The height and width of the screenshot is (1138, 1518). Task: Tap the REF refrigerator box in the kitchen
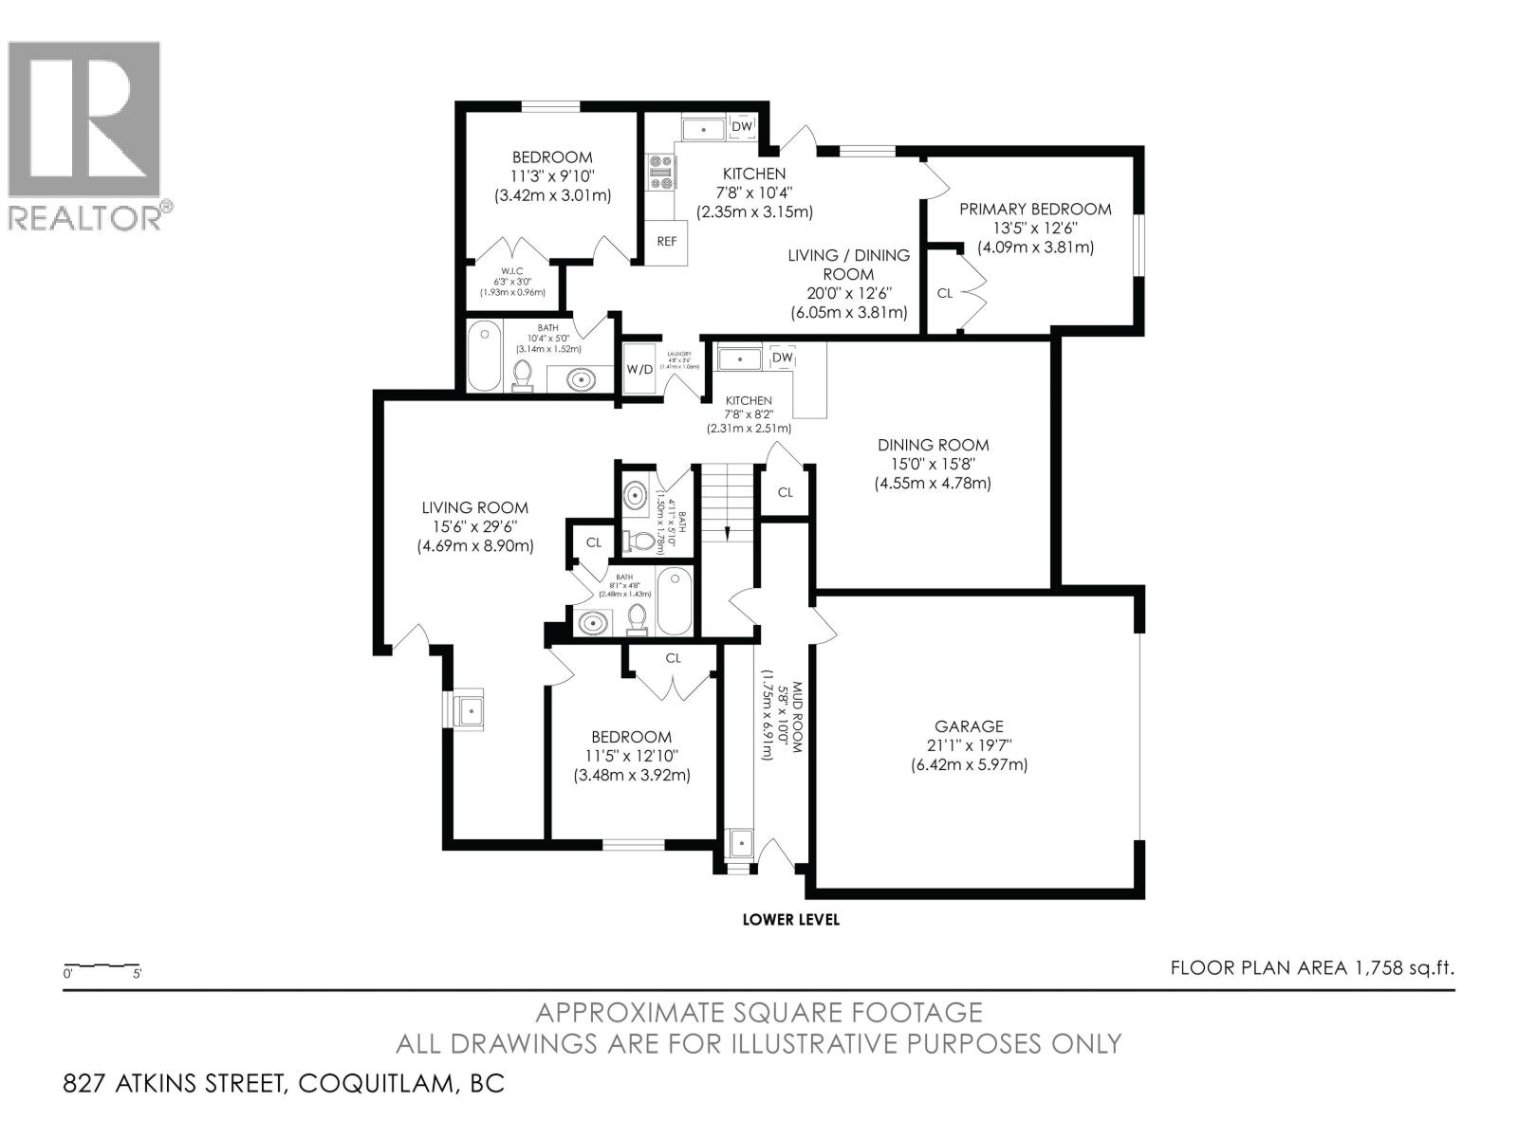[667, 241]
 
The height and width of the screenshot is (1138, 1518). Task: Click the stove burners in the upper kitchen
[660, 173]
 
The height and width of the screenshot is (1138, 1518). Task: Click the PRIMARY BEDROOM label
[1035, 209]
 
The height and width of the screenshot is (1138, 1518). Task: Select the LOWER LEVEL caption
[790, 919]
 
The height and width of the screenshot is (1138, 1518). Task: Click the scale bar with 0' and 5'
[102, 968]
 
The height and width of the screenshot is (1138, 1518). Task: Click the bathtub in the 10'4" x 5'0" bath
[486, 356]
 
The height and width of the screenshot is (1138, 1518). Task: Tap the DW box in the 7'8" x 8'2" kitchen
[782, 358]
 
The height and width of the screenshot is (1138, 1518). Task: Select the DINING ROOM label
[933, 445]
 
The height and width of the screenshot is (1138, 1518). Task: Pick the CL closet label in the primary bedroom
[944, 293]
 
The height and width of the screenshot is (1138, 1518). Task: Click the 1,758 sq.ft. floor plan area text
[1311, 967]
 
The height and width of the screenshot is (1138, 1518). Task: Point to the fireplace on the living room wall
[468, 708]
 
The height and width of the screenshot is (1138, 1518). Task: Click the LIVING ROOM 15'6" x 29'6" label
[474, 507]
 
